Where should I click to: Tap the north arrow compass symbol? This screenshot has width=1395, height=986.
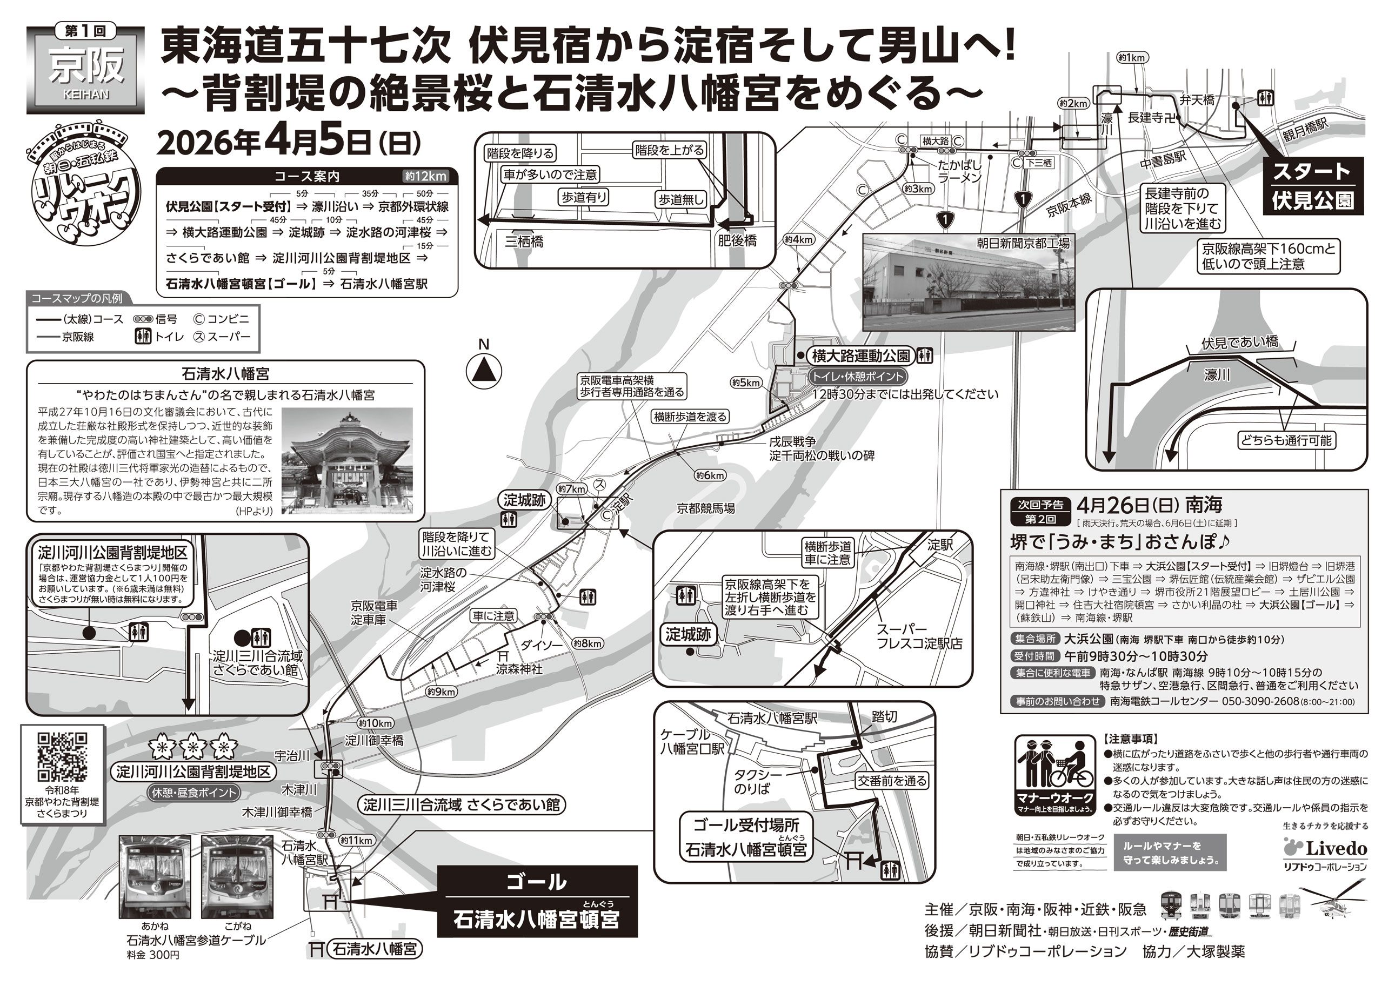pyautogui.click(x=484, y=370)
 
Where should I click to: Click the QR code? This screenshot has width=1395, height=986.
pyautogui.click(x=63, y=757)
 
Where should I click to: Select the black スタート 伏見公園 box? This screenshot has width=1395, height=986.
pyautogui.click(x=1313, y=186)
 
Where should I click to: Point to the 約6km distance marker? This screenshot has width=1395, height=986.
pyautogui.click(x=710, y=475)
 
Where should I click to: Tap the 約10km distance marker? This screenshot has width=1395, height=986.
pyautogui.click(x=375, y=723)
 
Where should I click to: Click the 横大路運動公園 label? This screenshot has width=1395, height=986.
pyautogui.click(x=861, y=356)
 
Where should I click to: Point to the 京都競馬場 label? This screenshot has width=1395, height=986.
pyautogui.click(x=705, y=508)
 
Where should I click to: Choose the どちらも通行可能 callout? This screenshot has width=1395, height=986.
pyautogui.click(x=1286, y=440)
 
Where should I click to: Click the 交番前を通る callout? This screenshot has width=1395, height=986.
pyautogui.click(x=891, y=781)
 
